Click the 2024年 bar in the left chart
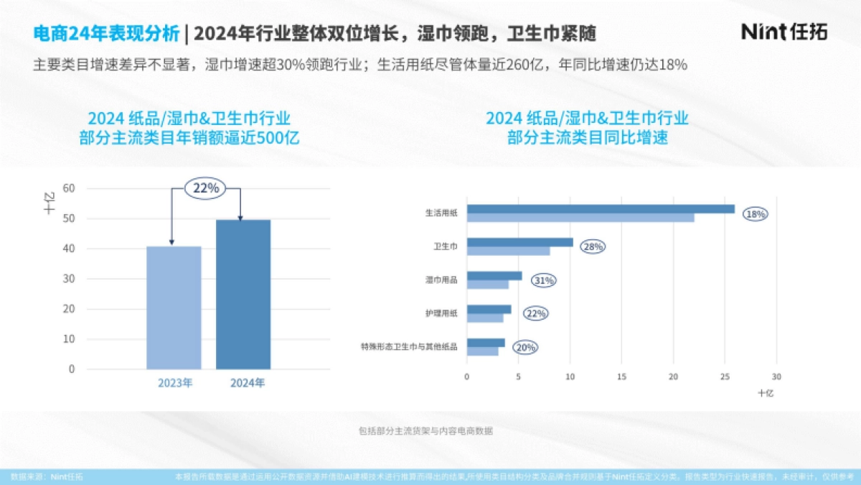click(243, 294)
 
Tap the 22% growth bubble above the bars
click(207, 188)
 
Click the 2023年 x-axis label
click(174, 383)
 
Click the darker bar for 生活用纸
click(601, 209)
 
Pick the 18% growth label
click(756, 214)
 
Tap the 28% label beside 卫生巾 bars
click(593, 247)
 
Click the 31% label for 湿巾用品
click(543, 280)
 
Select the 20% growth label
click(526, 348)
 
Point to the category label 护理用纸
click(441, 313)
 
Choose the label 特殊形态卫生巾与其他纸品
click(409, 347)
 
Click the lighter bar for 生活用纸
click(580, 218)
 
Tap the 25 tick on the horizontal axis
click(725, 377)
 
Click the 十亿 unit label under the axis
click(766, 393)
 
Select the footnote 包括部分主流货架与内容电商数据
click(425, 431)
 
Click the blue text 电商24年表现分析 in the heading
click(106, 33)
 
